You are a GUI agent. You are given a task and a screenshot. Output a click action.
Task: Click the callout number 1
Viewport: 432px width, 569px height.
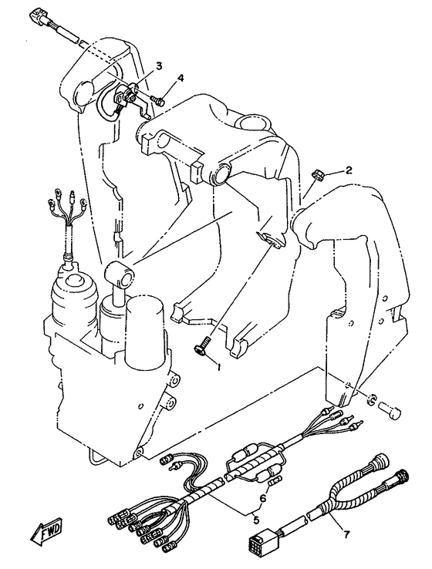pos(218,367)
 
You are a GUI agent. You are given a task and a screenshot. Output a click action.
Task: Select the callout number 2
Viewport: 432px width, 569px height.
pos(349,170)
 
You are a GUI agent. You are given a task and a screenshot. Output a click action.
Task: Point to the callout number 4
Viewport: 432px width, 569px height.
pos(181,78)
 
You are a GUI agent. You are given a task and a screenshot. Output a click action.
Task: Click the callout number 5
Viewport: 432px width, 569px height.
pos(256,520)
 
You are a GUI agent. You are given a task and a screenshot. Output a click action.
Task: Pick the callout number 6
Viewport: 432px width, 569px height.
pos(263,497)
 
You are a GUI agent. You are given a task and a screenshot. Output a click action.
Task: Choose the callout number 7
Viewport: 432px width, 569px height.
pos(346,534)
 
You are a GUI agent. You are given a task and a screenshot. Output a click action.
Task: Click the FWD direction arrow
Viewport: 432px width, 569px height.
pos(46,534)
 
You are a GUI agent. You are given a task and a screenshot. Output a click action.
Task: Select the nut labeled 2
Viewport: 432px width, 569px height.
pos(318,173)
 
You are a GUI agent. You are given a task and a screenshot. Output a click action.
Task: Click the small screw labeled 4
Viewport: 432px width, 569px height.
pos(157,99)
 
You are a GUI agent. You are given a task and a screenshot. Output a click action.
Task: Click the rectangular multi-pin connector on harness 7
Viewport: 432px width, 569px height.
pos(260,542)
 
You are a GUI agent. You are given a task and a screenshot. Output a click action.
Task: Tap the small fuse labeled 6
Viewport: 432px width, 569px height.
pos(276,480)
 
